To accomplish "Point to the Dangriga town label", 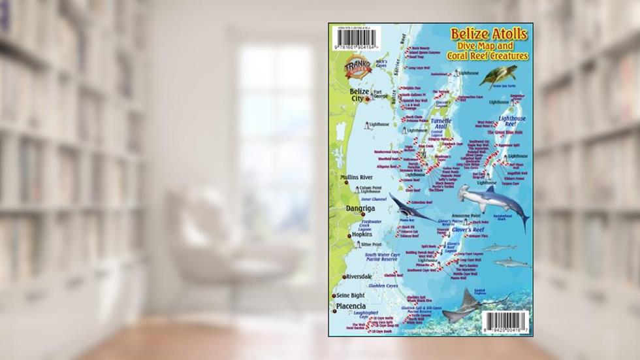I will click(x=360, y=209).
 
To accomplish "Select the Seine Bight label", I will click(x=351, y=295).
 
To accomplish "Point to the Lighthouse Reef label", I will click(x=512, y=121).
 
